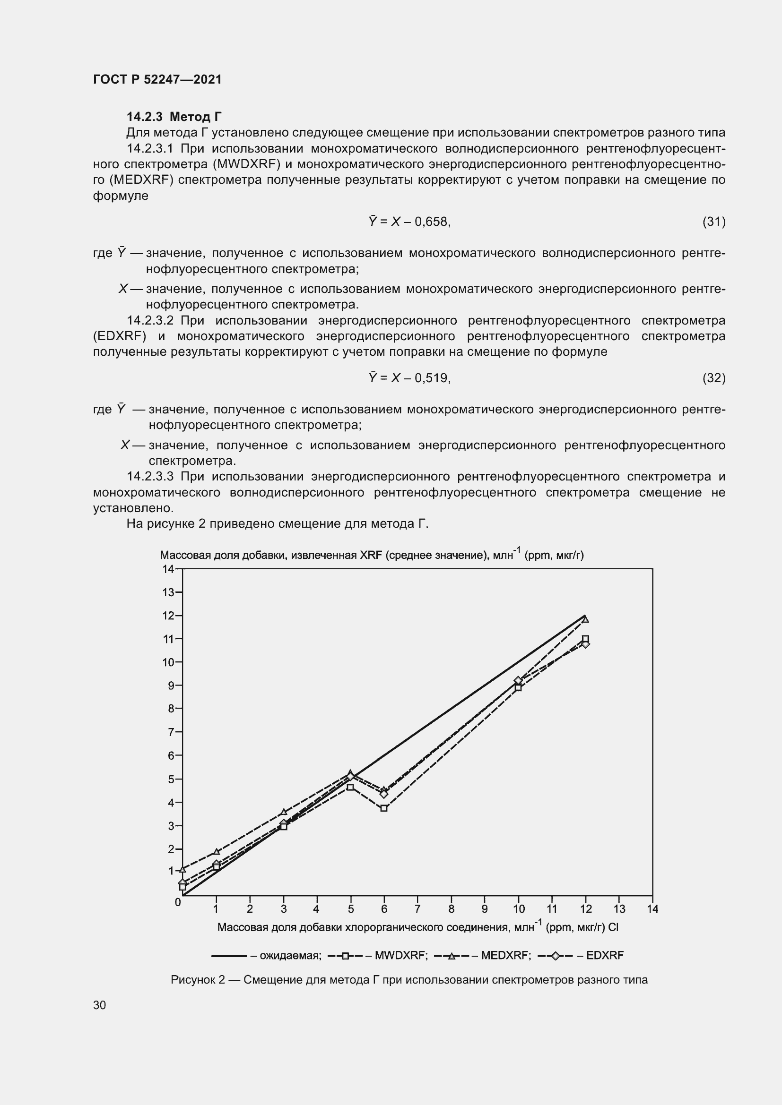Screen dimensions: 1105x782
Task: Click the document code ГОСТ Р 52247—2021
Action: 157,79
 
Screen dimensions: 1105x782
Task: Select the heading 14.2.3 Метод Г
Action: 174,117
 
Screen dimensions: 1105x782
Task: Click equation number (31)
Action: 713,222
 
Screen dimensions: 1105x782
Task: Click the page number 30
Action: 99,1005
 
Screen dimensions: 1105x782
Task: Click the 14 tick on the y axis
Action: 168,569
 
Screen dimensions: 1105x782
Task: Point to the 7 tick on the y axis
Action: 171,732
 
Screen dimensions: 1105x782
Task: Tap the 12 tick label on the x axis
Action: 585,909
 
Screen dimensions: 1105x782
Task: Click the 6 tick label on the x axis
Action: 384,909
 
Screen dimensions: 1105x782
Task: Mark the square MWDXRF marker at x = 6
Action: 384,808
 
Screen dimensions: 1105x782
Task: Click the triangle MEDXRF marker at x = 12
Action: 585,619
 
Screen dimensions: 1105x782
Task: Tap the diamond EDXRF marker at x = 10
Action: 518,680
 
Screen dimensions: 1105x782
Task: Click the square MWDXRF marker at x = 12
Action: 585,639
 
